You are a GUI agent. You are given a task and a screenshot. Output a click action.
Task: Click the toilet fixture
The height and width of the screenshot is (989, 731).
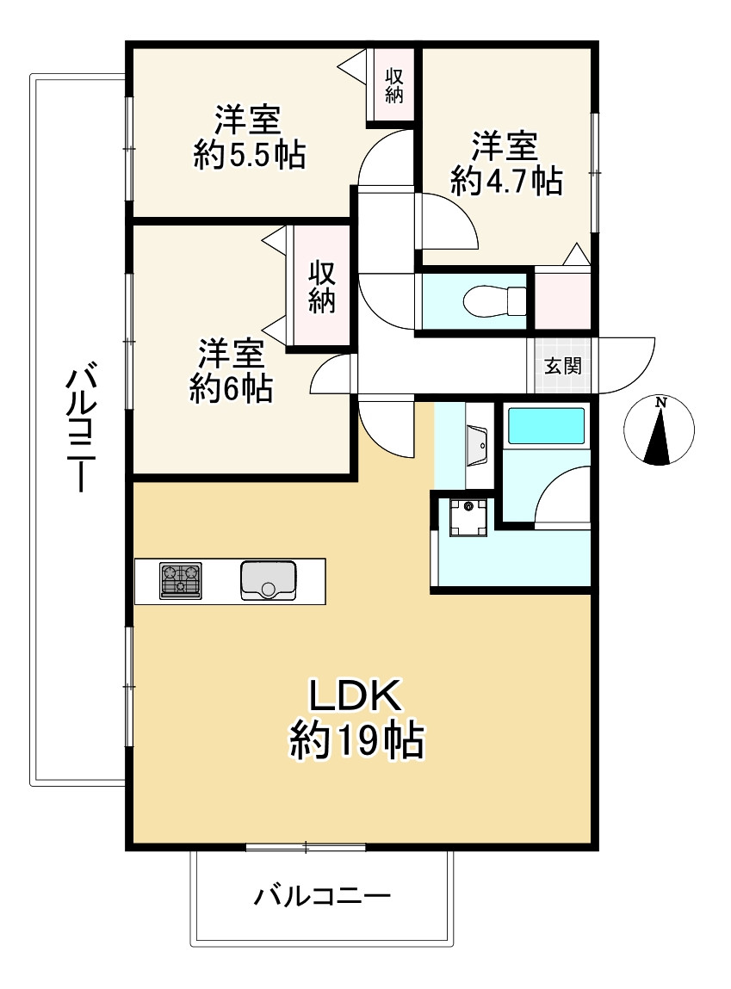pyautogui.click(x=494, y=301)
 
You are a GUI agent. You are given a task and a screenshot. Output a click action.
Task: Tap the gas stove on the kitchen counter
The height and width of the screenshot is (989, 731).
pyautogui.click(x=181, y=580)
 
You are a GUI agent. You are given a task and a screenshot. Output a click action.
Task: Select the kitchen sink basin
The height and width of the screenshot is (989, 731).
pyautogui.click(x=268, y=580)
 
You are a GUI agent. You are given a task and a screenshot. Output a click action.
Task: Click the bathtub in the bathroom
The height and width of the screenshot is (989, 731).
pyautogui.click(x=546, y=426)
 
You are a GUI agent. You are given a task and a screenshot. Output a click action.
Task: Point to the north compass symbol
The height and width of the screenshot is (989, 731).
pyautogui.click(x=659, y=430)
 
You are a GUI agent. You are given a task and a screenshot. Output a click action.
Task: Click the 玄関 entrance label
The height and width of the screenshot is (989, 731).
pyautogui.click(x=562, y=366)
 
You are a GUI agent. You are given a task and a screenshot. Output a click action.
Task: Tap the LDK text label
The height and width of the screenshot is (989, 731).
pyautogui.click(x=355, y=695)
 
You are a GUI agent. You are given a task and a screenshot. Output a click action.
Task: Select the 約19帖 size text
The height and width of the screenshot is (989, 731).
pyautogui.click(x=356, y=739)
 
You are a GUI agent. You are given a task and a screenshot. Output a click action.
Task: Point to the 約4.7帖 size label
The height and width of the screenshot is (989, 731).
pyautogui.click(x=506, y=181)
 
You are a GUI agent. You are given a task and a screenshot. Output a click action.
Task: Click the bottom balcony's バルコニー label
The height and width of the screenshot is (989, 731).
pyautogui.click(x=322, y=896)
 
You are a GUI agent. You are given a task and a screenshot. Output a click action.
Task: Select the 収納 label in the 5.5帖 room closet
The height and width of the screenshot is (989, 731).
pyautogui.click(x=395, y=85)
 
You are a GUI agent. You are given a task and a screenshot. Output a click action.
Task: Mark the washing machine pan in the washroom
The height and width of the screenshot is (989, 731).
pyautogui.click(x=468, y=517)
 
